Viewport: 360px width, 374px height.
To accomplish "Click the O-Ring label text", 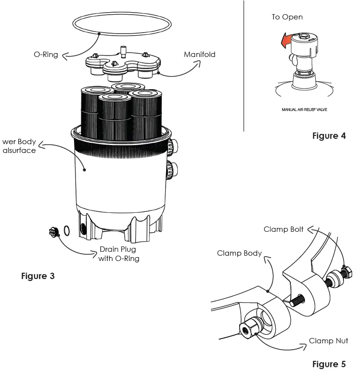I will [45, 55].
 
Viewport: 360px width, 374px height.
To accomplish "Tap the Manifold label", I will [199, 55].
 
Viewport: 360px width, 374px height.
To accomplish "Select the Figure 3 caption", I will [38, 276].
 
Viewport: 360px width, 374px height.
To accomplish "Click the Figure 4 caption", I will [329, 136].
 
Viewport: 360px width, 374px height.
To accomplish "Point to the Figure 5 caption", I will [329, 364].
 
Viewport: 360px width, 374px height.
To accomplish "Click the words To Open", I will [287, 17].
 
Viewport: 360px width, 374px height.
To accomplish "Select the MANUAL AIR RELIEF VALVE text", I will [304, 110].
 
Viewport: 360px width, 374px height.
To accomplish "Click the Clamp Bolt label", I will [284, 229].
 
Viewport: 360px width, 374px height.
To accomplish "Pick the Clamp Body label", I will [239, 253].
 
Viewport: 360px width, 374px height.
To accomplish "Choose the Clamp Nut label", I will [328, 340].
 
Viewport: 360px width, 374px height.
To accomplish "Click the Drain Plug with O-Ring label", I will [119, 254].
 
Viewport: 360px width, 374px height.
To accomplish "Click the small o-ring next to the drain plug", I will [67, 230].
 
